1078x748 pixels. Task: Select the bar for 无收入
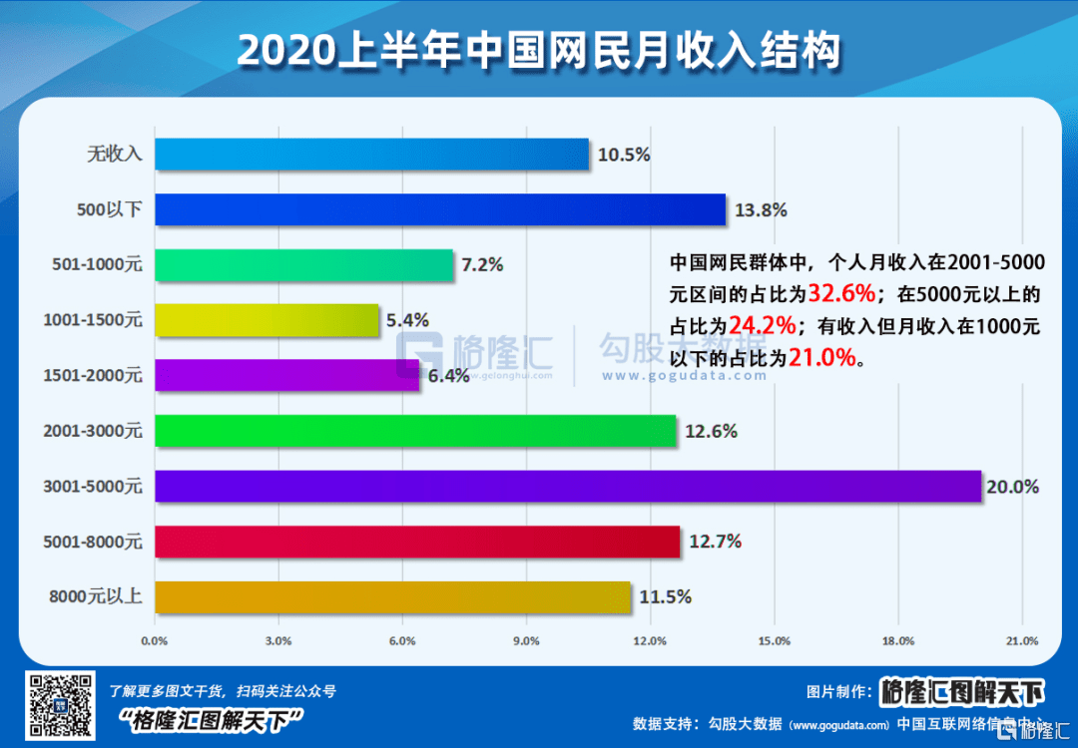point(371,154)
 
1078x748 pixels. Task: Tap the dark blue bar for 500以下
point(440,209)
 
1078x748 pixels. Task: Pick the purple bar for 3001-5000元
point(568,487)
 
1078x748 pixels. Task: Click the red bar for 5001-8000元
point(417,542)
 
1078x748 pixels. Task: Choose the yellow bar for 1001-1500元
point(268,320)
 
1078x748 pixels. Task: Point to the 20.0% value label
point(1013,487)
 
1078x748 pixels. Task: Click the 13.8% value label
point(761,209)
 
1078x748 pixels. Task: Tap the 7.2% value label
point(482,264)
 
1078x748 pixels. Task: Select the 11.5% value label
point(665,597)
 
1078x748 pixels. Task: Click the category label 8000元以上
point(96,597)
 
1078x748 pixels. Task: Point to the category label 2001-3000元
point(94,431)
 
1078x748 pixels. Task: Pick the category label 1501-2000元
point(94,376)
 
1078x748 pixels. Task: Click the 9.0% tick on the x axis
point(526,639)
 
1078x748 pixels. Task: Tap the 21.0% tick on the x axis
point(1022,639)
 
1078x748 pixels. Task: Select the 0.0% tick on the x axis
point(155,639)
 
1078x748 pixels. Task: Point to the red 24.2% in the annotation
point(761,325)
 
